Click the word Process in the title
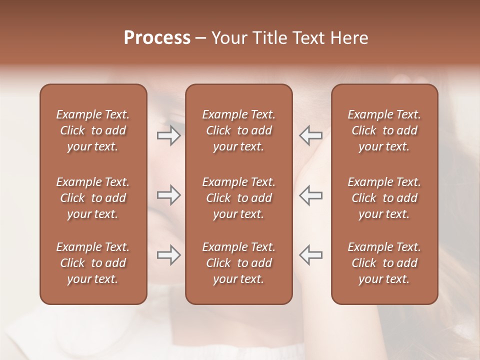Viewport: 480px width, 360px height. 157,38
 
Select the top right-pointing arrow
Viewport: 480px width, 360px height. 169,135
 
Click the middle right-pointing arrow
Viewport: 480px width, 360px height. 169,195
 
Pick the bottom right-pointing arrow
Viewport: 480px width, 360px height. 169,255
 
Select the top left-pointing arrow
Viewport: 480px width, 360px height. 310,135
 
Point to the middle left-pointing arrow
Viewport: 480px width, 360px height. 310,195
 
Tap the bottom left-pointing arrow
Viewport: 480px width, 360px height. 310,255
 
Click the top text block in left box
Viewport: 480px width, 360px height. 93,130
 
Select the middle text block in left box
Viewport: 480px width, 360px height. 93,198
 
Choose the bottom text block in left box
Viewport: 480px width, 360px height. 93,263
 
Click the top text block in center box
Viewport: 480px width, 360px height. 238,130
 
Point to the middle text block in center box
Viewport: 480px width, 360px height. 238,198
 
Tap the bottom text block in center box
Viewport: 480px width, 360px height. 238,263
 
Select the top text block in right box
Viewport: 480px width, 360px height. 384,130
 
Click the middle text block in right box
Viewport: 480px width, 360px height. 384,198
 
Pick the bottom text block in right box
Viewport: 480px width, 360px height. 384,263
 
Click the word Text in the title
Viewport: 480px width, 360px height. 307,38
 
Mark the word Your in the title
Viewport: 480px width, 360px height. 229,38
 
